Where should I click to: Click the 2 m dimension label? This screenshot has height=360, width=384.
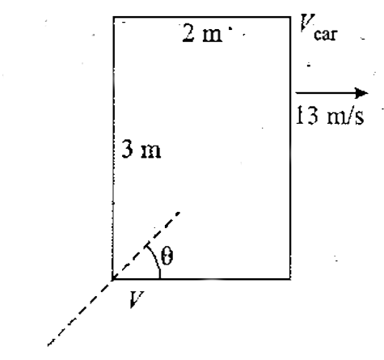point(202,33)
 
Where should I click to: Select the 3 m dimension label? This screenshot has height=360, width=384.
point(141,149)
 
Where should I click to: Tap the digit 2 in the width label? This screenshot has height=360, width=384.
point(188,33)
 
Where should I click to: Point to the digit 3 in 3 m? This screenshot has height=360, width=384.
point(127,149)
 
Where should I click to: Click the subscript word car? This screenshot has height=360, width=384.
point(326,35)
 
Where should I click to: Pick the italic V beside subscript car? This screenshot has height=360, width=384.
point(307,23)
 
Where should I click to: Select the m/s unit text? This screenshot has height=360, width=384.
point(346,116)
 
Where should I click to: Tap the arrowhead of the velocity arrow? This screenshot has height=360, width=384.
point(361,93)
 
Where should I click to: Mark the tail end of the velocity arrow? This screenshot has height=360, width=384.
point(296,93)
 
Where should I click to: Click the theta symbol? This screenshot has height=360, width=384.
point(167,256)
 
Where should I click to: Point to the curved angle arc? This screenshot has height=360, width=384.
point(155,260)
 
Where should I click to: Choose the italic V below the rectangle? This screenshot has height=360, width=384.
point(137,299)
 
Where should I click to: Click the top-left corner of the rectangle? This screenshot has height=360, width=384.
point(113,17)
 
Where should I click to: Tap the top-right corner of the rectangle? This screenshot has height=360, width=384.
point(290,17)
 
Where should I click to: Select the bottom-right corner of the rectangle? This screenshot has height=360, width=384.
point(290,279)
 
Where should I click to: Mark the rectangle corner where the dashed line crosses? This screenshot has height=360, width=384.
point(113,279)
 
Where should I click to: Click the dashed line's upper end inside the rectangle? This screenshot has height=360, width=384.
point(179,213)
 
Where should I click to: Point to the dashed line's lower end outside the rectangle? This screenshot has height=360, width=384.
point(48,345)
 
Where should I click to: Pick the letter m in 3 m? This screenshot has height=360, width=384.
point(151,152)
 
